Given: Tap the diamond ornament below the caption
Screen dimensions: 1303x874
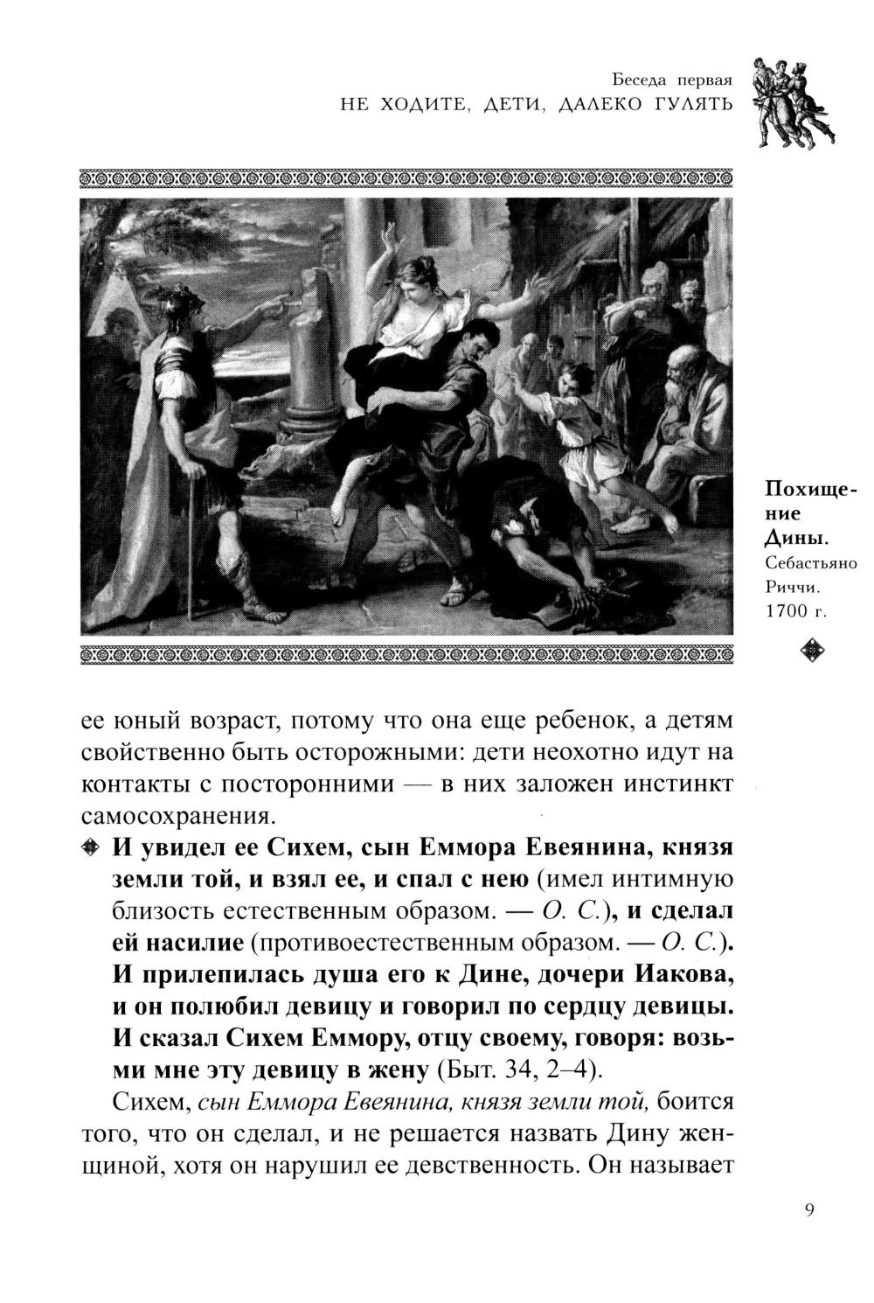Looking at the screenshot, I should pos(807,650).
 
